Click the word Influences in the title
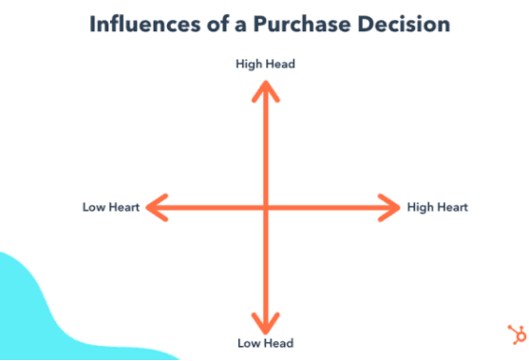[145, 25]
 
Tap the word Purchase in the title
[302, 25]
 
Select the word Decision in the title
[404, 25]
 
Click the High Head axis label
[265, 64]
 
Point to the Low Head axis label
[266, 343]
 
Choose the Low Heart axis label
[111, 207]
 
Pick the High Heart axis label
[438, 207]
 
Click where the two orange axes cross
[266, 207]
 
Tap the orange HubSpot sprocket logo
[518, 334]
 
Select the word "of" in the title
[217, 25]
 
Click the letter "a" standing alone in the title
[240, 27]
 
